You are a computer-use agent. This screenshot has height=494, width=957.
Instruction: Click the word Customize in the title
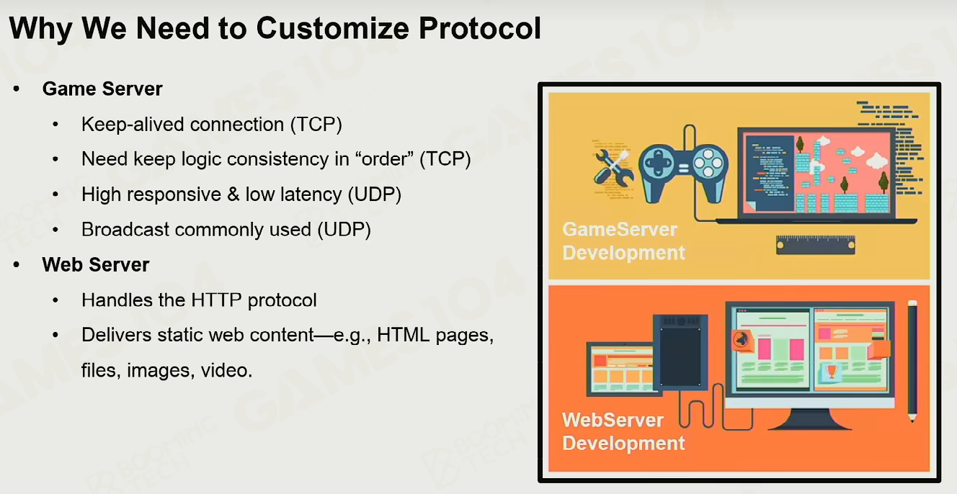[x=333, y=29]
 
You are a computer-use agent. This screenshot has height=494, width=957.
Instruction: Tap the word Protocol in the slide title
[x=480, y=29]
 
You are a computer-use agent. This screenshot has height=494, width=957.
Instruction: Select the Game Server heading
[x=102, y=89]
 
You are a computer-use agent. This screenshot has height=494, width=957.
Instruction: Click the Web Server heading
[x=96, y=265]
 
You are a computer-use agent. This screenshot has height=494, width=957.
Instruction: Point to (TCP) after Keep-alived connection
[x=316, y=125]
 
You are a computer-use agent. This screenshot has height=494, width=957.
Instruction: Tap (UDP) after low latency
[x=375, y=194]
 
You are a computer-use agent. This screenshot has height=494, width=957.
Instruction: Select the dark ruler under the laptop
[x=816, y=245]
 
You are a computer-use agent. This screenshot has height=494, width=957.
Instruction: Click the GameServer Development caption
[x=624, y=241]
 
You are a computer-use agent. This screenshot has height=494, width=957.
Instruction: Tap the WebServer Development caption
[x=624, y=431]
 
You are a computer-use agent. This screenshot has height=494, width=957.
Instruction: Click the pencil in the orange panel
[x=912, y=361]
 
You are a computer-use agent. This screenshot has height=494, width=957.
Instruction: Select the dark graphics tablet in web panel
[x=680, y=352]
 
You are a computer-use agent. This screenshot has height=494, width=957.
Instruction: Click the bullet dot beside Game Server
[x=17, y=89]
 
